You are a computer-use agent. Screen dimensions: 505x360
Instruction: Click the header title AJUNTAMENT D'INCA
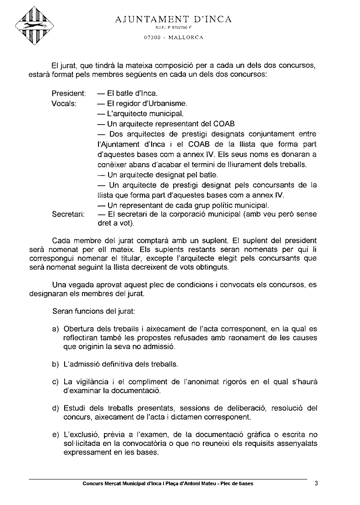174,19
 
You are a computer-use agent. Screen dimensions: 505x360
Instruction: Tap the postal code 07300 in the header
152,37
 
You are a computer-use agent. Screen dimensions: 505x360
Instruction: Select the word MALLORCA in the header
186,37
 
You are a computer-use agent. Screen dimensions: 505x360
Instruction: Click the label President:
69,93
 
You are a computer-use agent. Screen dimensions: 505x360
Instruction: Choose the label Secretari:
68,214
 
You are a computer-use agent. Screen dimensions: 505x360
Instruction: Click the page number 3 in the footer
316,483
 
